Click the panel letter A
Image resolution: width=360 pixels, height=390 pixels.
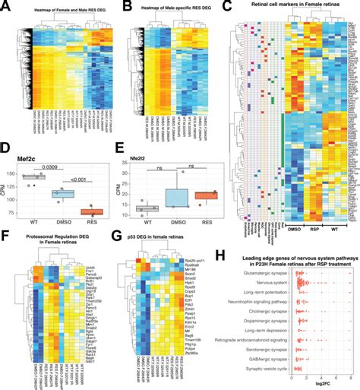pyautogui.click(x=6, y=7)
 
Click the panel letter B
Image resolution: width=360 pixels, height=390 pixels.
pyautogui.click(x=117, y=7)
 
